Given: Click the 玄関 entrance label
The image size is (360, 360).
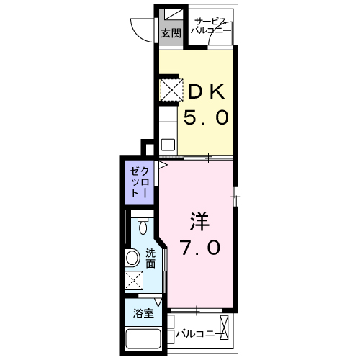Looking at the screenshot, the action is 171,33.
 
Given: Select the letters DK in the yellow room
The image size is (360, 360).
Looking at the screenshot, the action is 207,91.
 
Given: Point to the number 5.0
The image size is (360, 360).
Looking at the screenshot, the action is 206,117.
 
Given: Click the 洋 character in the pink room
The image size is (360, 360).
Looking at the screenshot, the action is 199,221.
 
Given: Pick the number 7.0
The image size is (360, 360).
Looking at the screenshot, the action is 200,247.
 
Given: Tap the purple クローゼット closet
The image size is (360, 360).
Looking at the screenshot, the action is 139,182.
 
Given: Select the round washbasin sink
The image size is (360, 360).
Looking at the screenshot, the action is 132,258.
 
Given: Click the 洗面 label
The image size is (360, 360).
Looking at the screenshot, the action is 150,258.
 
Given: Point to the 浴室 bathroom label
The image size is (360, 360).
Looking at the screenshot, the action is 143,313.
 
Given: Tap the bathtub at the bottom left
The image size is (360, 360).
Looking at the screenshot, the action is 143,340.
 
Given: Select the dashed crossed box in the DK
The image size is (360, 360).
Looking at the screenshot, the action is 171,90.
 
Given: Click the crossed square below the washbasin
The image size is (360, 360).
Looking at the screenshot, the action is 134,280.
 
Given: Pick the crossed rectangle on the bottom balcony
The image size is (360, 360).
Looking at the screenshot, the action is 224,327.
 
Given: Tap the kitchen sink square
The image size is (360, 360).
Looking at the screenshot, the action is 168,145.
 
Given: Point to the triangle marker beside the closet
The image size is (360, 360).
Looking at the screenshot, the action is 163,165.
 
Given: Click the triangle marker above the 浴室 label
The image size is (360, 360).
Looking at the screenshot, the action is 158,302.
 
